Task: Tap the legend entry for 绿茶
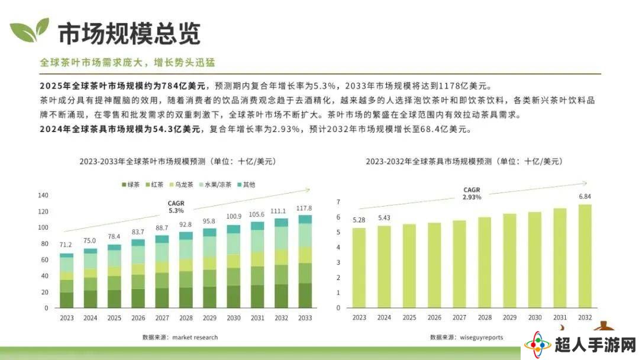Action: [131, 185]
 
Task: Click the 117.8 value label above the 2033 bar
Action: [304, 208]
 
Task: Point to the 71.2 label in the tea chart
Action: [66, 245]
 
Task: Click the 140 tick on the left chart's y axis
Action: [43, 195]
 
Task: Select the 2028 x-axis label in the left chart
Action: [185, 318]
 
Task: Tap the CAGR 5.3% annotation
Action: [176, 207]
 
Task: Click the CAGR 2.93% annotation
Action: [472, 192]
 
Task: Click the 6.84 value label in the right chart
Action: [585, 196]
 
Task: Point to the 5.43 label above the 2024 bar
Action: [383, 218]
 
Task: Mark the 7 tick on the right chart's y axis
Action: [338, 202]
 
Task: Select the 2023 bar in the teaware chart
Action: [359, 268]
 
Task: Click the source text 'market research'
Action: [195, 337]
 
